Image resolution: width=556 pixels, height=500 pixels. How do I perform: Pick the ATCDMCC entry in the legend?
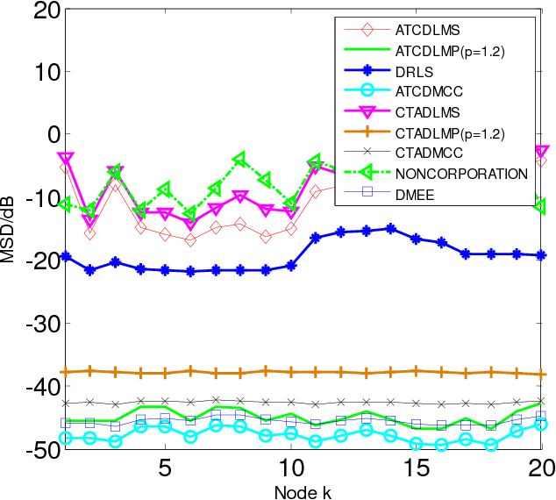click(428, 90)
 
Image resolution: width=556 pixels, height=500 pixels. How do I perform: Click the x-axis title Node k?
click(302, 489)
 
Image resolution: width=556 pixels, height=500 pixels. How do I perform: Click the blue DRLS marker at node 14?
click(391, 228)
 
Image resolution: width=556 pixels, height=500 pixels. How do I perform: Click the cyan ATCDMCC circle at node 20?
click(542, 424)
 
